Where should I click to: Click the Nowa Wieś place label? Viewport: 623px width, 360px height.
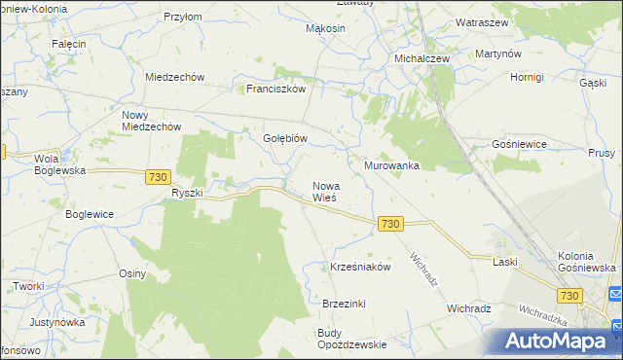[324, 191]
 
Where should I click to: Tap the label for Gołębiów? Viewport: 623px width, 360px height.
[285, 138]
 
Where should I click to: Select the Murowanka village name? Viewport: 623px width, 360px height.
[391, 165]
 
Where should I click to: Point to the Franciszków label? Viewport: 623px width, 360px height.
[276, 88]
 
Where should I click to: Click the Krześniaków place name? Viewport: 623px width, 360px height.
[360, 267]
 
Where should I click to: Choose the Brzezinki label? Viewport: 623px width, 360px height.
[344, 304]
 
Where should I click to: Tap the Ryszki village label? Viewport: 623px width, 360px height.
[186, 193]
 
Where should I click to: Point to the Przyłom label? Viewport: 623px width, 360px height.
[182, 17]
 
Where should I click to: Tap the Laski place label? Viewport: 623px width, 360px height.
[504, 262]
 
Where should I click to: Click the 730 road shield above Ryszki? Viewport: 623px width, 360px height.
[159, 176]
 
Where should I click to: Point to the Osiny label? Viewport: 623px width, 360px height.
[132, 273]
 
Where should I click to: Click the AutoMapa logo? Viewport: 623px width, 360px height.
[557, 341]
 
